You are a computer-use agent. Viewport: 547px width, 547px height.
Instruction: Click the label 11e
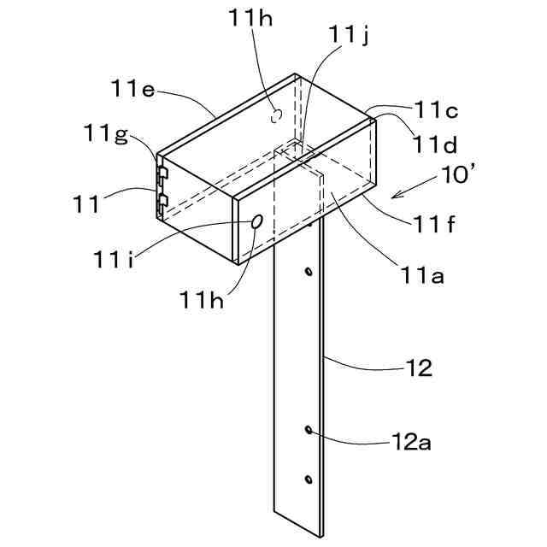click(x=132, y=88)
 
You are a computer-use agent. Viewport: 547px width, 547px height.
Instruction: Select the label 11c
click(x=438, y=109)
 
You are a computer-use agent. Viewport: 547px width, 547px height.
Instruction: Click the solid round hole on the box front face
click(x=256, y=221)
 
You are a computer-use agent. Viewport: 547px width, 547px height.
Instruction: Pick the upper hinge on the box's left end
click(x=161, y=174)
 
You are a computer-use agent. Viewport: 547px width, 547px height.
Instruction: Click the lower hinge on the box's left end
click(x=161, y=203)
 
